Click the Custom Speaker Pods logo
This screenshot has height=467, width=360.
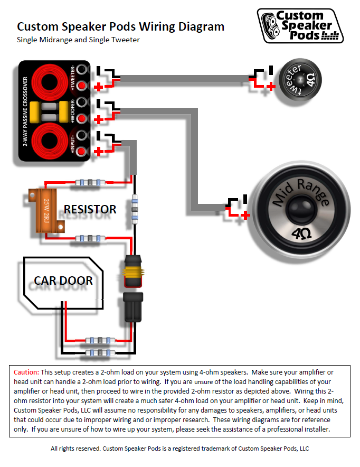click(300, 25)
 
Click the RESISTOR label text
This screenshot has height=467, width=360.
click(90, 210)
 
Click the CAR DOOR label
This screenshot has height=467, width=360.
click(63, 280)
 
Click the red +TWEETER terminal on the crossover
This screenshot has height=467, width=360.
click(81, 86)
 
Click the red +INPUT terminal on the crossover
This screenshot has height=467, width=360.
click(81, 152)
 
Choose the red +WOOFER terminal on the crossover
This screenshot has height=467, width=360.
click(81, 119)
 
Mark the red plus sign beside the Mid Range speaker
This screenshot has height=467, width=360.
click(244, 215)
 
